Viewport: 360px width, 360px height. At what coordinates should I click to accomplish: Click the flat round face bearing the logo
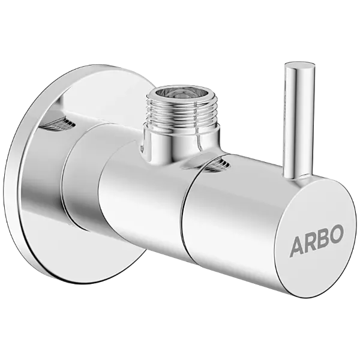pyautogui.click(x=315, y=240)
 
